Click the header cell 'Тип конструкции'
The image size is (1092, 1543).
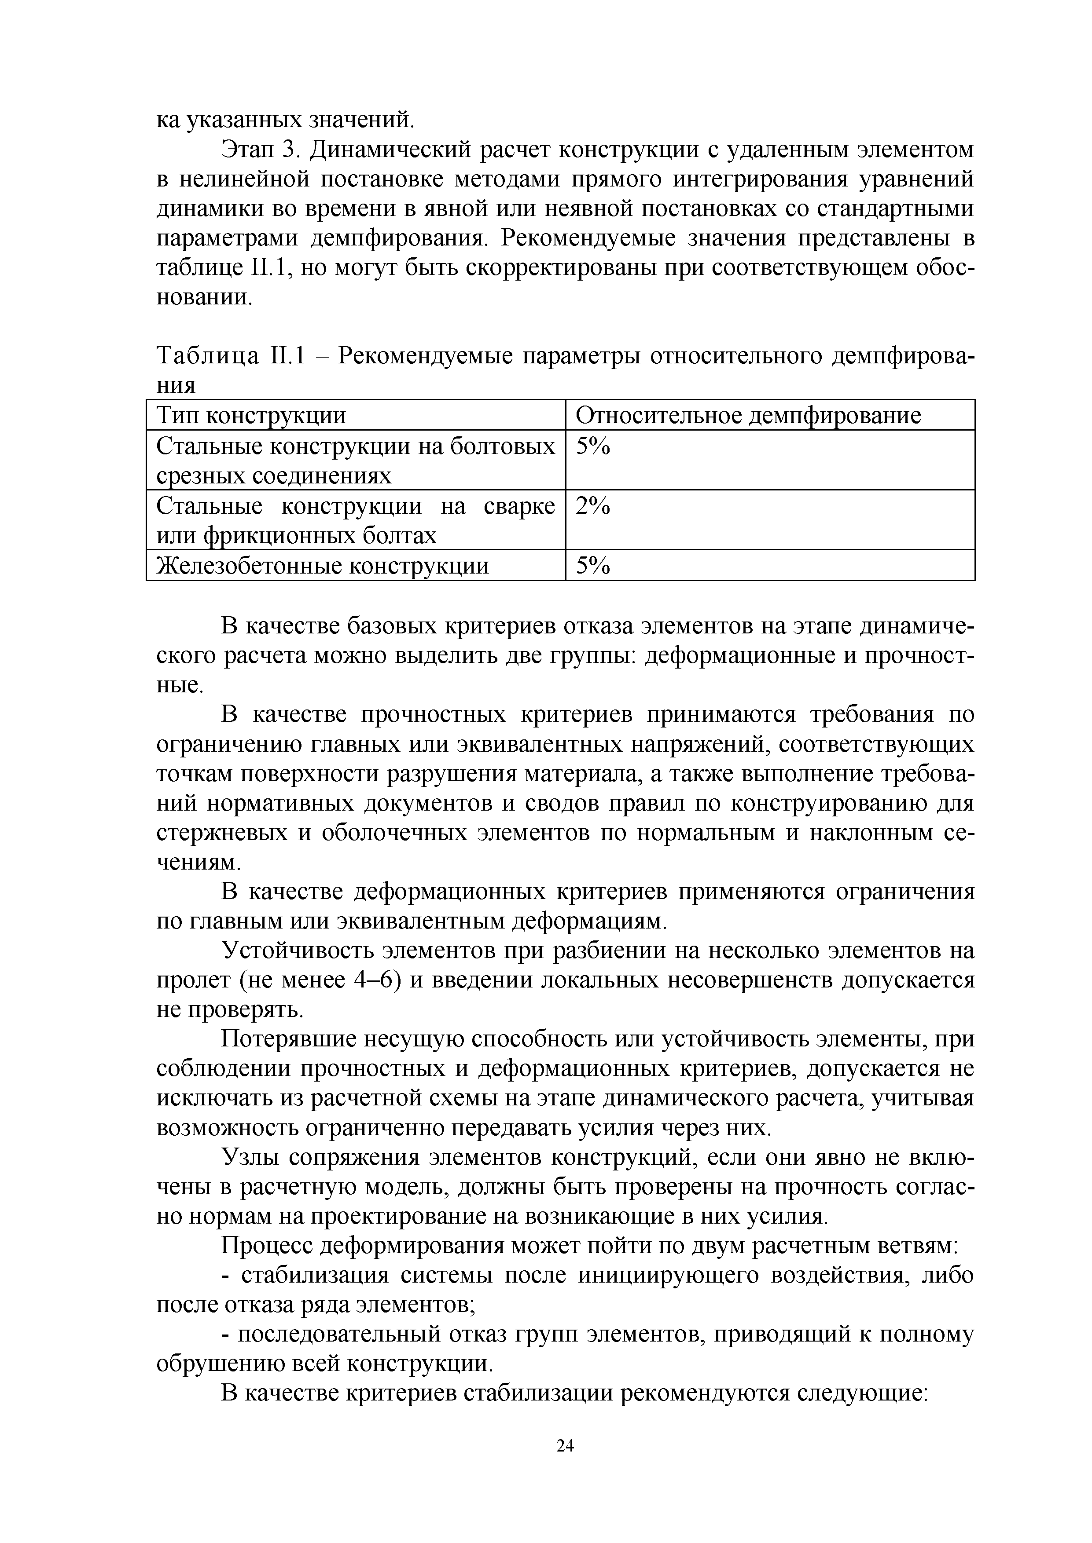click(251, 415)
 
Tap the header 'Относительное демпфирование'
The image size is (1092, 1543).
click(748, 415)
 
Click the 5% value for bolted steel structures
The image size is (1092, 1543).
click(592, 446)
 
